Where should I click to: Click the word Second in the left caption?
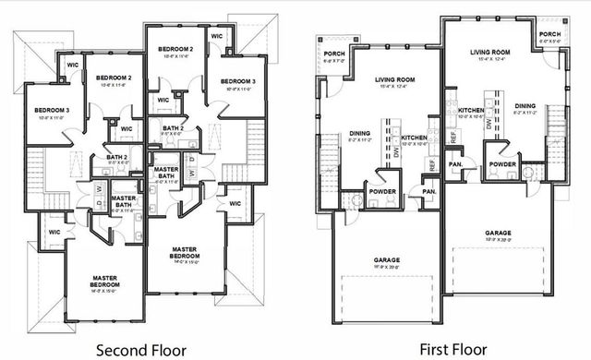[122, 350]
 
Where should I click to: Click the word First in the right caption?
[434, 350]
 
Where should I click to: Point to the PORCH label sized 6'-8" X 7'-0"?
[334, 54]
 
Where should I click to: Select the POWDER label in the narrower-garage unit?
[502, 164]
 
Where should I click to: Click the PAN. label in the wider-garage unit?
[428, 191]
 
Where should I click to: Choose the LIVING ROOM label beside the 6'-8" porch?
[394, 80]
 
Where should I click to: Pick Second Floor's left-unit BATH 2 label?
[116, 157]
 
